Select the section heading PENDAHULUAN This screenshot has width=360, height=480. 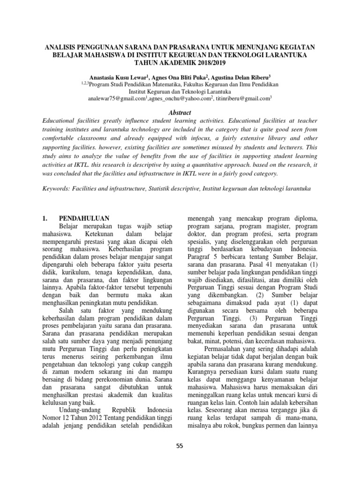click(x=84, y=218)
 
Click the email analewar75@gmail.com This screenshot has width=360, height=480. click(x=117, y=99)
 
